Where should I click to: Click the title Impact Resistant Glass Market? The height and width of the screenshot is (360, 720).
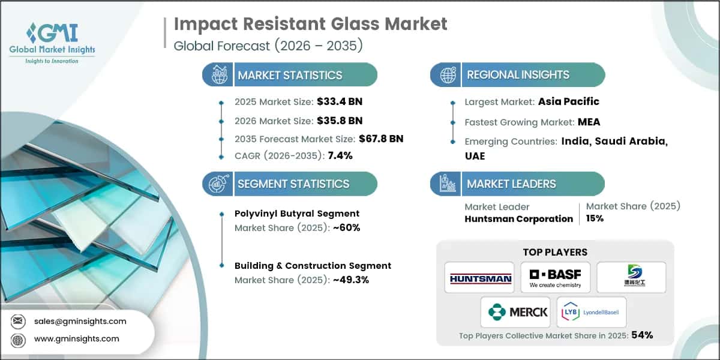pos(310,24)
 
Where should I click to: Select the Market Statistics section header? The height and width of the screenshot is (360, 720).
pos(290,75)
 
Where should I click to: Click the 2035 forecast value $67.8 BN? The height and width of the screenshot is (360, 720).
pos(380,139)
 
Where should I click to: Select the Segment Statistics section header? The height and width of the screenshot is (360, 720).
pos(293,184)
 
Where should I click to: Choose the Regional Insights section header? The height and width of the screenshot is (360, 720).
pos(518,75)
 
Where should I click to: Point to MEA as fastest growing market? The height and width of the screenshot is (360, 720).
pos(589,122)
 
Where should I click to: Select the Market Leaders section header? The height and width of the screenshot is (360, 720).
pos(511,184)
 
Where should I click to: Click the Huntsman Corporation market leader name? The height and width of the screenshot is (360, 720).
pos(518,219)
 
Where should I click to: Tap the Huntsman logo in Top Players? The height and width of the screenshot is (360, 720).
pos(479,278)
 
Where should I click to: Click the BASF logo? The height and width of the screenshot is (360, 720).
pos(555,277)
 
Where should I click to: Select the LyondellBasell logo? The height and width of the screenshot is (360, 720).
pos(591,312)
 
